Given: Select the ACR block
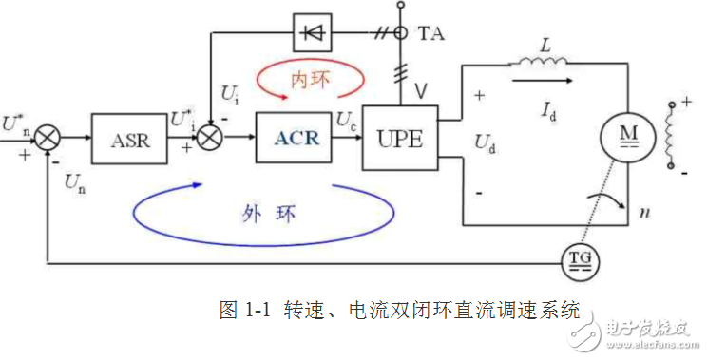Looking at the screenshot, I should coord(296,138).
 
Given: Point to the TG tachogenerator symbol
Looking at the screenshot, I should coord(578,257).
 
